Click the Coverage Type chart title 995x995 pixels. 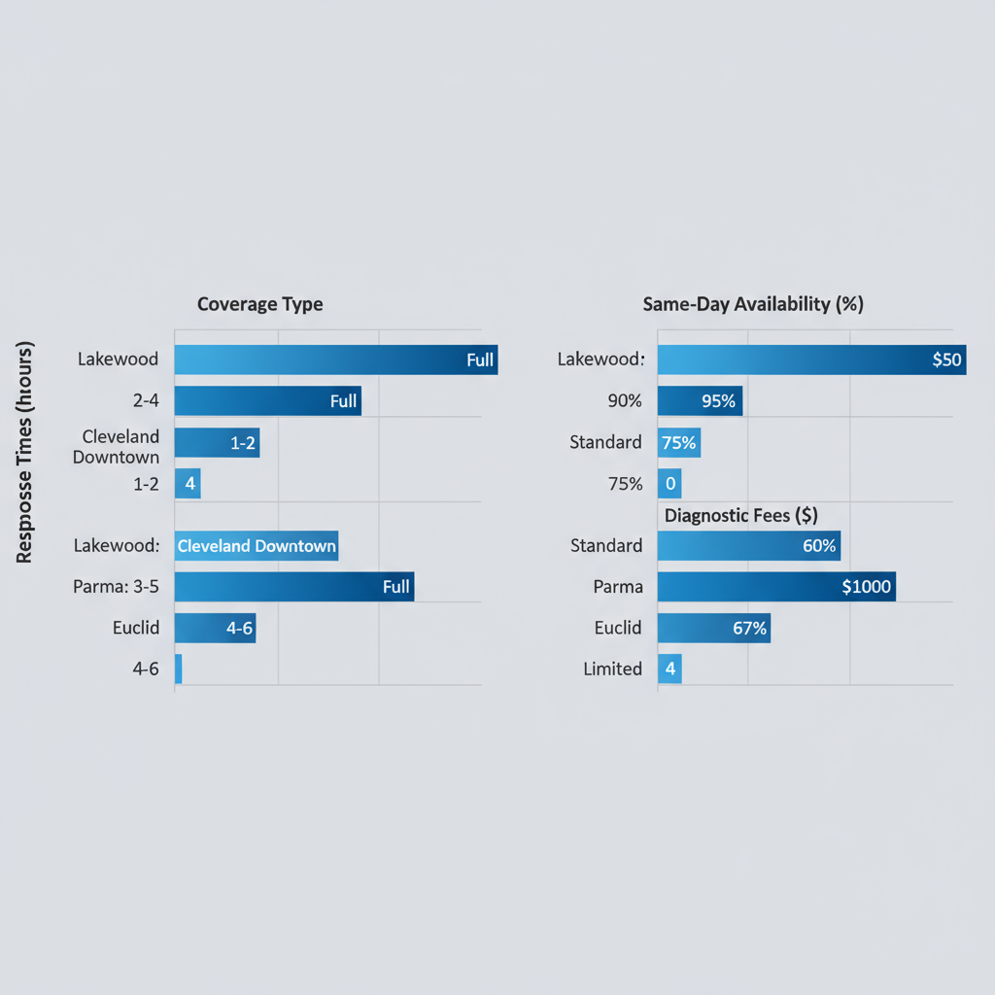pos(259,304)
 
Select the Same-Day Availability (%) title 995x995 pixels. pos(753,304)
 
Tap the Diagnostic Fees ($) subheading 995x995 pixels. pos(740,515)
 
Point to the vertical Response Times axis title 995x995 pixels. pos(25,453)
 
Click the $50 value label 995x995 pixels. pos(945,360)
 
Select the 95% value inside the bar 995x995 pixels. pos(718,400)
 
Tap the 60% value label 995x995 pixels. pos(819,546)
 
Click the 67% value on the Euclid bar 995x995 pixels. pos(749,629)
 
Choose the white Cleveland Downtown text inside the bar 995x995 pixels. pos(257,546)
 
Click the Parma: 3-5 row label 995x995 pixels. pos(116,587)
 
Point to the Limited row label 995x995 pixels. pos(613,669)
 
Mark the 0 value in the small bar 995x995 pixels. pos(669,484)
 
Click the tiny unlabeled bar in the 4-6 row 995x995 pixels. pos(179,669)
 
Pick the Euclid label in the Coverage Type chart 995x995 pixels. pos(136,628)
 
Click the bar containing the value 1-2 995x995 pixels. pos(217,442)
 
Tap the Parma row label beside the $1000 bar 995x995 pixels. pos(619,587)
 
